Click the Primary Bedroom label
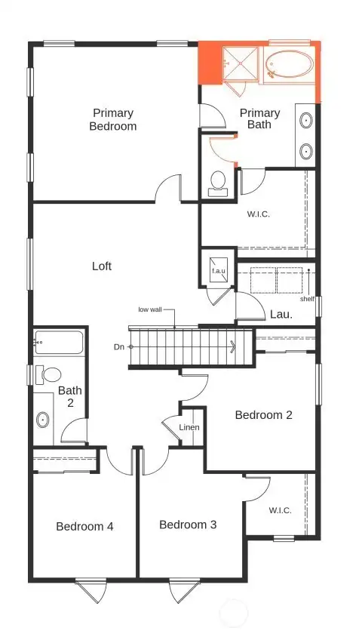pyautogui.click(x=113, y=119)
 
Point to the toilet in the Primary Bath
pyautogui.click(x=218, y=182)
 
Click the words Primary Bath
pyautogui.click(x=259, y=118)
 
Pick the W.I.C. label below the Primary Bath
pyautogui.click(x=259, y=214)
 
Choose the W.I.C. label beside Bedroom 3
pyautogui.click(x=280, y=510)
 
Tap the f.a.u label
pyautogui.click(x=218, y=270)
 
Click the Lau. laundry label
pyautogui.click(x=281, y=314)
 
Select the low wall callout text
pyautogui.click(x=151, y=309)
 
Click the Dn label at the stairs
pyautogui.click(x=119, y=346)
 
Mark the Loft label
pyautogui.click(x=102, y=266)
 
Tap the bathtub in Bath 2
pyautogui.click(x=59, y=344)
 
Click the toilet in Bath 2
pyautogui.click(x=51, y=374)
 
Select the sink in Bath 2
pyautogui.click(x=42, y=420)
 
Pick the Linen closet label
pyautogui.click(x=189, y=428)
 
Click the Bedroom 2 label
pyautogui.click(x=263, y=414)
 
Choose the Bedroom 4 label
pyautogui.click(x=84, y=526)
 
